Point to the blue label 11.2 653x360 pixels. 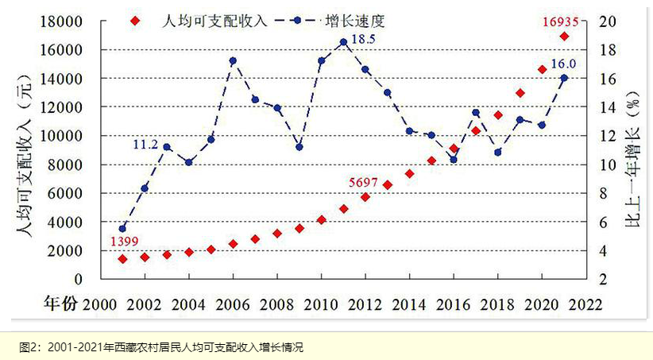(x=146, y=145)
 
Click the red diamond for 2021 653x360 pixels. (x=563, y=37)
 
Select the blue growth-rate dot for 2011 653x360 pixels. (x=343, y=42)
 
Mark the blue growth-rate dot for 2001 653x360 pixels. (x=122, y=229)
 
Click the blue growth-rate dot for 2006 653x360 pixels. (x=233, y=61)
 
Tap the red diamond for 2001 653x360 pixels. (x=122, y=259)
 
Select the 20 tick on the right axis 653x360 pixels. (x=605, y=21)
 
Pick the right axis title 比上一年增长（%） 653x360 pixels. (x=636, y=149)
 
